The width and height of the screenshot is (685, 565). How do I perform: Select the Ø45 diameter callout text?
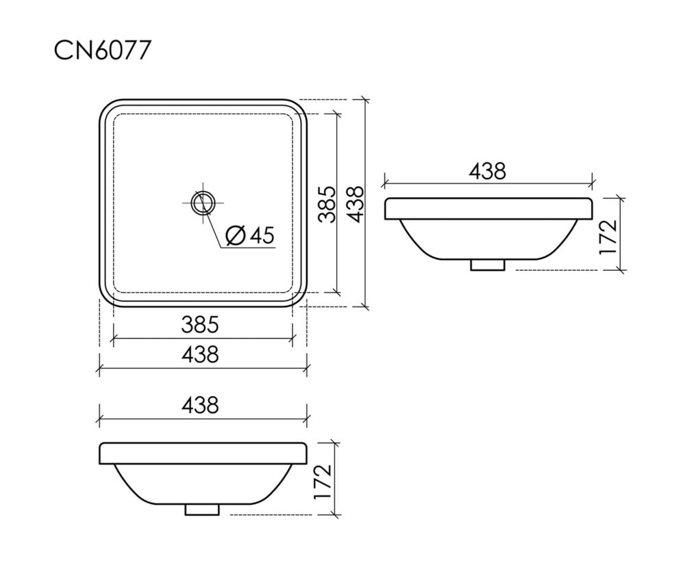[250, 235]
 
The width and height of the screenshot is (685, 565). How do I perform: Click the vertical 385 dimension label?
[327, 205]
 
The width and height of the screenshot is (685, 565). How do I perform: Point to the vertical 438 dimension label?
[354, 205]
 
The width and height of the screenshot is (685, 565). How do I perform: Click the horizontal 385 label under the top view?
[199, 325]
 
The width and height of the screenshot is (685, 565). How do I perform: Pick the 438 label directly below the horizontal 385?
[199, 354]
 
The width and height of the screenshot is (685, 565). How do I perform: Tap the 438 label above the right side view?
[488, 171]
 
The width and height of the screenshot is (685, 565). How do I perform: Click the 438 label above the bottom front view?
[199, 405]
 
